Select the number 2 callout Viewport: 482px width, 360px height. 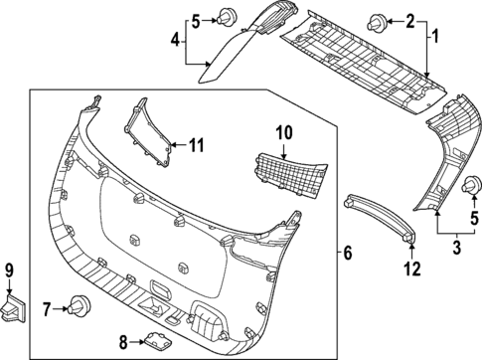click(x=409, y=20)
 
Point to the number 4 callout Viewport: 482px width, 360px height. click(x=176, y=41)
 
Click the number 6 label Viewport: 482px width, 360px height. click(x=347, y=255)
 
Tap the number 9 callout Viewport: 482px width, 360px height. click(x=9, y=269)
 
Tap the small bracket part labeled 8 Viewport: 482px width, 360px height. click(x=154, y=341)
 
